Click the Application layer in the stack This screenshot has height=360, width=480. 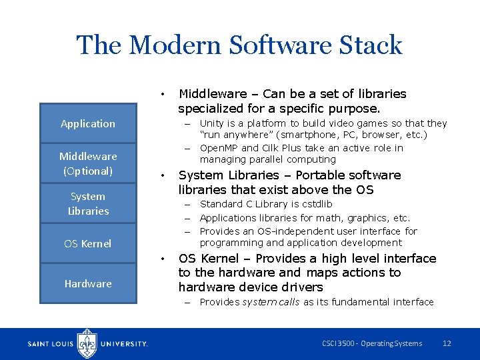pos(87,123)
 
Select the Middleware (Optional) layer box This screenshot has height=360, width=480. pos(87,163)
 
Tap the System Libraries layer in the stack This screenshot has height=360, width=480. pos(87,203)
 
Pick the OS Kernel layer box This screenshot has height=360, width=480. pos(87,243)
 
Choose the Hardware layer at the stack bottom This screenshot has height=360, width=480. pos(87,283)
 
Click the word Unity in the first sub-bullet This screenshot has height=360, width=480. pos(211,123)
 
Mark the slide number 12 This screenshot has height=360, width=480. pos(447,343)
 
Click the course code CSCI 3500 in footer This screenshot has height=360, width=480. pos(337,343)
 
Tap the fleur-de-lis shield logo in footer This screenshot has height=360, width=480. pos(87,343)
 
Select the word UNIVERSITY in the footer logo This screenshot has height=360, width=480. pos(123,344)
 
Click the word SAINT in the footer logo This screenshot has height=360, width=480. pos(38,344)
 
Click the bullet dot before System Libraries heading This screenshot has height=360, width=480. pos(163,176)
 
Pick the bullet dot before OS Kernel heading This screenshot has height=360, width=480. pos(163,259)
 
